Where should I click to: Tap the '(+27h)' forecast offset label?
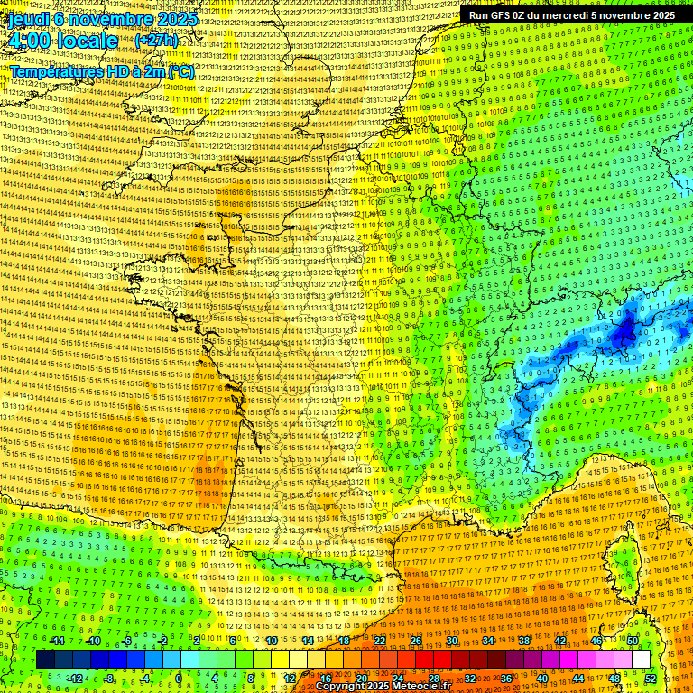(155, 41)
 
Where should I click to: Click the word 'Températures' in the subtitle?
(54, 71)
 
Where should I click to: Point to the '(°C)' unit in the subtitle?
(180, 71)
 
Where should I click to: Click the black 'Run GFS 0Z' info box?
(572, 14)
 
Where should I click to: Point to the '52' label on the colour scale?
(651, 678)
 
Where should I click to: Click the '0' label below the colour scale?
(179, 678)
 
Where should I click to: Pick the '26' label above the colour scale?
(416, 641)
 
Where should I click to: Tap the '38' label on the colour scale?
(524, 641)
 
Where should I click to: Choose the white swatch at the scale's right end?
(641, 660)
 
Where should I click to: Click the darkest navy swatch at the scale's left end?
(45, 660)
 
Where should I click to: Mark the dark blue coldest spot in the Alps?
(623, 334)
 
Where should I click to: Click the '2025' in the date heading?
(158, 18)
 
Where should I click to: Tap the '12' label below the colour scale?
(290, 678)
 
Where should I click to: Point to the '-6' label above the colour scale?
(127, 641)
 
